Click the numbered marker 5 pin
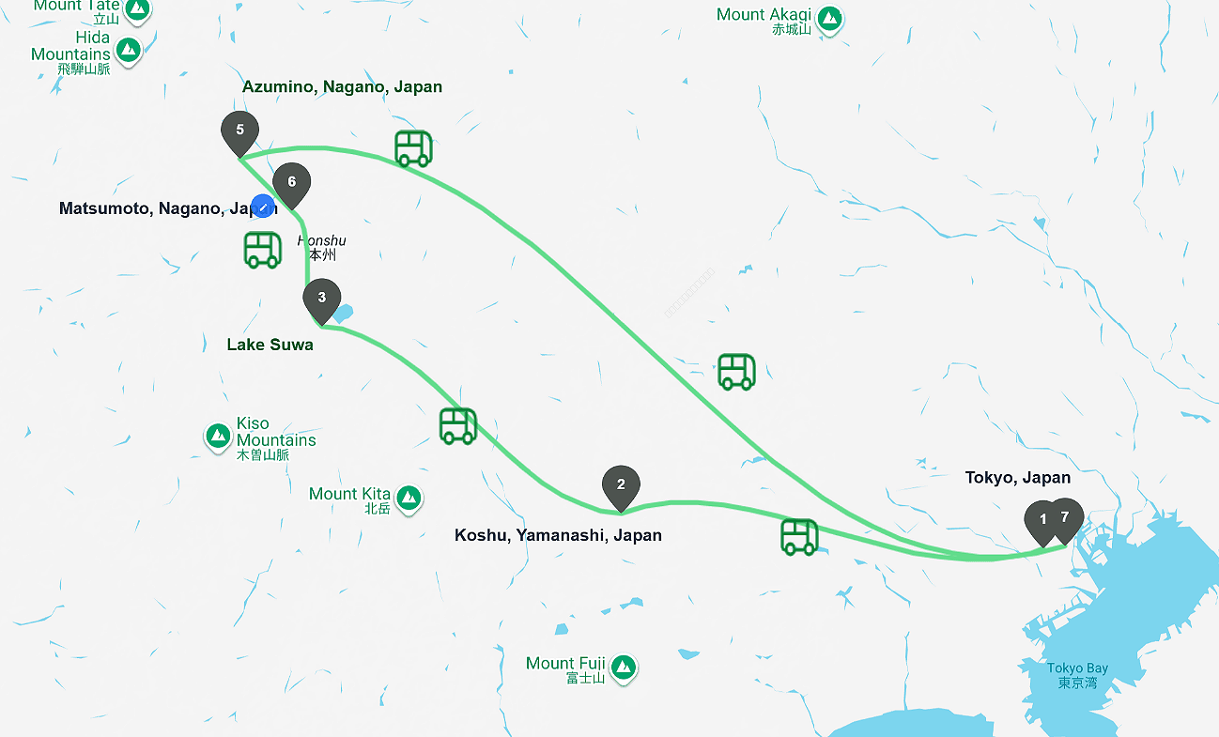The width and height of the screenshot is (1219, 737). [x=239, y=131]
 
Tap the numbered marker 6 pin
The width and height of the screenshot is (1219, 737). [x=291, y=183]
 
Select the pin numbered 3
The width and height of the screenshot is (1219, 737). [x=322, y=299]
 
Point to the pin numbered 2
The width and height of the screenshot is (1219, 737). [x=621, y=485]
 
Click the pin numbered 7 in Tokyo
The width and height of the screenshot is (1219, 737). [x=1066, y=517]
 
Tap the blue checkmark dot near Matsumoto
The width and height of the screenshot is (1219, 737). [x=264, y=207]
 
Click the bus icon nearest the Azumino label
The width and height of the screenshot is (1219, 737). [x=413, y=148]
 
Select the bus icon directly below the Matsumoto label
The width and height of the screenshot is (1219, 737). [x=263, y=250]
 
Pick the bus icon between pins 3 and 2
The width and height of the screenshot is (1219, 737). [x=458, y=425]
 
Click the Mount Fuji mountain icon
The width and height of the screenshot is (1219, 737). [x=622, y=668]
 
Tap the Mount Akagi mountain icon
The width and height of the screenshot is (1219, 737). [x=828, y=18]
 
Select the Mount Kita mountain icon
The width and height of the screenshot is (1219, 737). [x=408, y=498]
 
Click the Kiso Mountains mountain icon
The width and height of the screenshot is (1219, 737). [x=218, y=436]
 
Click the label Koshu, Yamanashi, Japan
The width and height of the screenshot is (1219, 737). [x=558, y=535]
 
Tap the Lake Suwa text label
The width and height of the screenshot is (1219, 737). [x=270, y=345]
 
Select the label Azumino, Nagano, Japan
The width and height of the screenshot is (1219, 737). [x=342, y=86]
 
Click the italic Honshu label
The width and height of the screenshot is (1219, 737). [x=321, y=241]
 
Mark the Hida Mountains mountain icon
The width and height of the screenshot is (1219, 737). [x=128, y=50]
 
